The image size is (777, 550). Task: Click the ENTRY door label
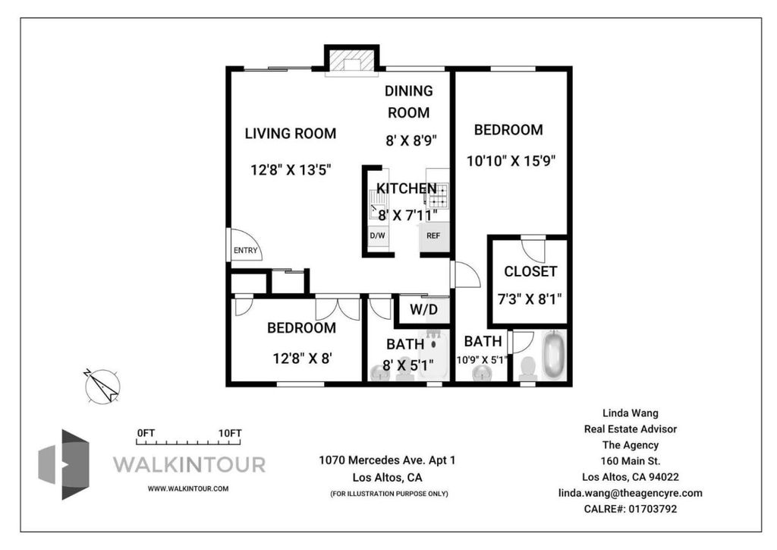[x=245, y=251]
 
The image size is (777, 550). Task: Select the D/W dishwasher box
[x=378, y=236]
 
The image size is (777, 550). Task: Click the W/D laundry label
[x=423, y=309]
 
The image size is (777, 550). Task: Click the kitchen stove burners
[x=439, y=195]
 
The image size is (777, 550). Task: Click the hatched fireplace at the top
[x=352, y=61]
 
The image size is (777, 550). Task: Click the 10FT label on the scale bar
[x=230, y=433]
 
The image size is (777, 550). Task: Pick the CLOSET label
[x=530, y=271]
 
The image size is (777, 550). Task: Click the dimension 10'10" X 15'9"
[x=511, y=161]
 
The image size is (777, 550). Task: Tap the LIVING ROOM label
[x=291, y=134]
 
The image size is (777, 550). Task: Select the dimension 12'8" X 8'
[x=302, y=358]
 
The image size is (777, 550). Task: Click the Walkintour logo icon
[x=64, y=464]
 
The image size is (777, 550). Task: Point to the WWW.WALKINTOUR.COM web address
[x=188, y=488]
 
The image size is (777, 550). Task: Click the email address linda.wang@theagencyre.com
[x=631, y=493]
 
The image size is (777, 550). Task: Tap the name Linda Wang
[x=631, y=412]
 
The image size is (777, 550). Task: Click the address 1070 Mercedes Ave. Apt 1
[x=387, y=460]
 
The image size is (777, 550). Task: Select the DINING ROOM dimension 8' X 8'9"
[x=411, y=141]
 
